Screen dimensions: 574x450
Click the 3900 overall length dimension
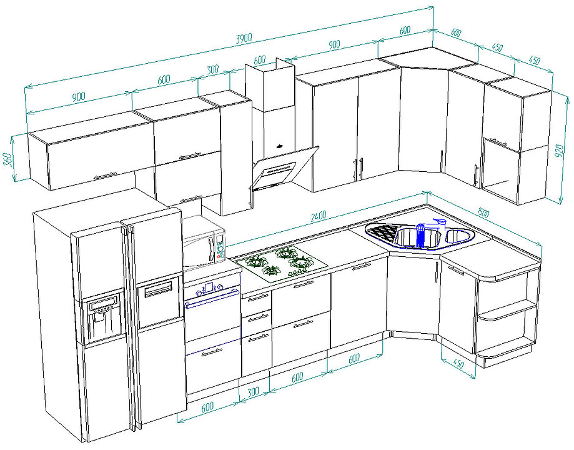[244, 37]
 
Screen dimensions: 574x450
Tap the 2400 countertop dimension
[319, 216]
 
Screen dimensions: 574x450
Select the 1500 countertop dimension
[483, 212]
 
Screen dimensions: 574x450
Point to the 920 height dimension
[560, 151]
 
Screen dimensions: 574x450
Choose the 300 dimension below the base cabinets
[253, 392]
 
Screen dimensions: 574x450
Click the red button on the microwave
[219, 257]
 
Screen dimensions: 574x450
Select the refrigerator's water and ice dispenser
[103, 317]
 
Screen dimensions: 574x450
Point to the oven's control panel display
[209, 287]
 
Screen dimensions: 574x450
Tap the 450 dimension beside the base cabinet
[458, 363]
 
